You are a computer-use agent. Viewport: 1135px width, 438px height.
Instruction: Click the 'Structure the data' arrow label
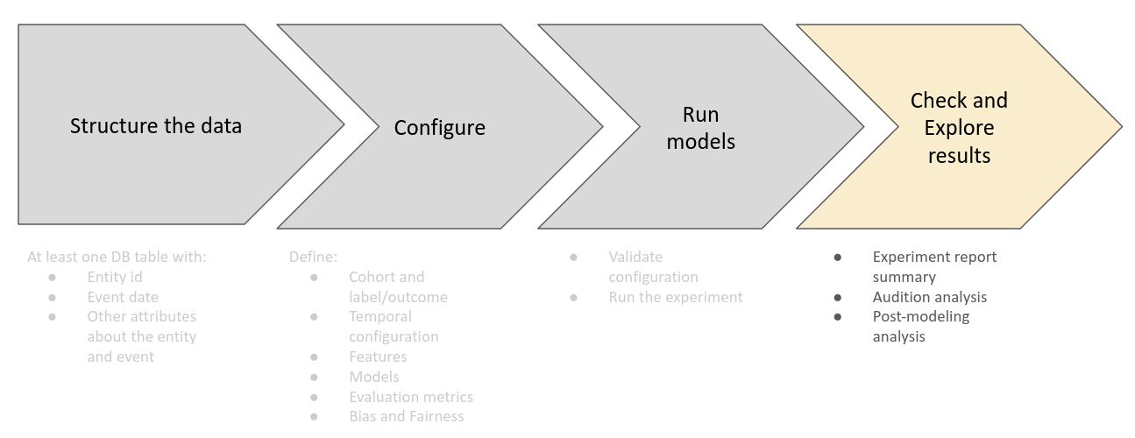click(156, 125)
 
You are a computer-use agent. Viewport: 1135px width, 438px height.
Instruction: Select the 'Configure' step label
click(439, 128)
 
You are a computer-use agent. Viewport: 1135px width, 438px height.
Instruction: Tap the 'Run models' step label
click(700, 128)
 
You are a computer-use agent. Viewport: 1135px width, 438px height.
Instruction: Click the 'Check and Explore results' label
click(959, 128)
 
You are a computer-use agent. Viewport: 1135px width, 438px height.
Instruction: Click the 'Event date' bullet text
click(123, 297)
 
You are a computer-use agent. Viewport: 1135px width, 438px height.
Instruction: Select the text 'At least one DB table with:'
click(117, 257)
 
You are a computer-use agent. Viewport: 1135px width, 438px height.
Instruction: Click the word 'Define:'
click(313, 257)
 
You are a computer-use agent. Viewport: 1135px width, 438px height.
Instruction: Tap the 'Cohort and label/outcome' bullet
click(398, 286)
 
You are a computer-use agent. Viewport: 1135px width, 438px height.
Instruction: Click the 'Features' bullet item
click(378, 357)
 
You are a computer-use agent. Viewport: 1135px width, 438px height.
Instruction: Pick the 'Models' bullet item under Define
click(373, 377)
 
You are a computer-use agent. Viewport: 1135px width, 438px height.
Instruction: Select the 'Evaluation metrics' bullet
click(410, 397)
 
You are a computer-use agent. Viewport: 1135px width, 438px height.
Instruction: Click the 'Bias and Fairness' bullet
click(406, 417)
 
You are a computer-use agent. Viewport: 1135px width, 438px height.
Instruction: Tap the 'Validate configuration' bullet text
click(653, 266)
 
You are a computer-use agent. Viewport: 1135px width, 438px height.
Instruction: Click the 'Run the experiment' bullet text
click(675, 297)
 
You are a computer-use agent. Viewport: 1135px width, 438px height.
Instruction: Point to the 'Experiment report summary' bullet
click(934, 266)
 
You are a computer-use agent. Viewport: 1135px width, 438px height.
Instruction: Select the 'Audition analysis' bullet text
click(929, 297)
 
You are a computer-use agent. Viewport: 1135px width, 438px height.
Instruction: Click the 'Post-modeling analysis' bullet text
click(920, 326)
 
